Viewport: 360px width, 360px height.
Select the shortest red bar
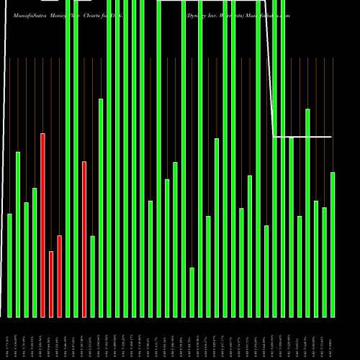[x=51, y=284]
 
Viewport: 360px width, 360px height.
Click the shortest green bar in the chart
[x=192, y=292]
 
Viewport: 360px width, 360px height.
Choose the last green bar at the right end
[x=333, y=244]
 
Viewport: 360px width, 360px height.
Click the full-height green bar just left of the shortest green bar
[x=184, y=158]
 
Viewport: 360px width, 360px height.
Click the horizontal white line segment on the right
[x=302, y=136]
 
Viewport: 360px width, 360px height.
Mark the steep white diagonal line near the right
[x=270, y=72]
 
